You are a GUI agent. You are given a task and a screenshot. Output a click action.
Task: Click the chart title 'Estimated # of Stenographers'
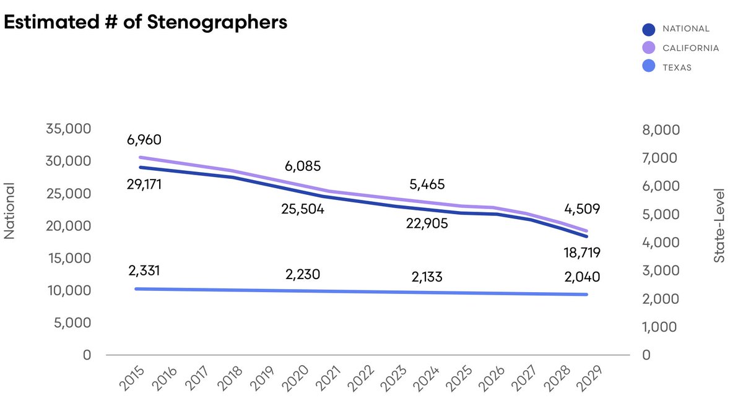(146, 23)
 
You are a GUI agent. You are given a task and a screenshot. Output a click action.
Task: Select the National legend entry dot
(648, 29)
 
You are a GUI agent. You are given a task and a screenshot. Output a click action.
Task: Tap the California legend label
(690, 48)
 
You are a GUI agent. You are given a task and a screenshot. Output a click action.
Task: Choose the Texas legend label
(677, 67)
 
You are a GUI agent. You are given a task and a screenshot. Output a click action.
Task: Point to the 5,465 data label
(427, 184)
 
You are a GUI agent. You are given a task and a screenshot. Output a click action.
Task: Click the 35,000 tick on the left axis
(69, 129)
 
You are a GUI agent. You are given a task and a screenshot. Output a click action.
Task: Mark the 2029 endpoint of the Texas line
(586, 295)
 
